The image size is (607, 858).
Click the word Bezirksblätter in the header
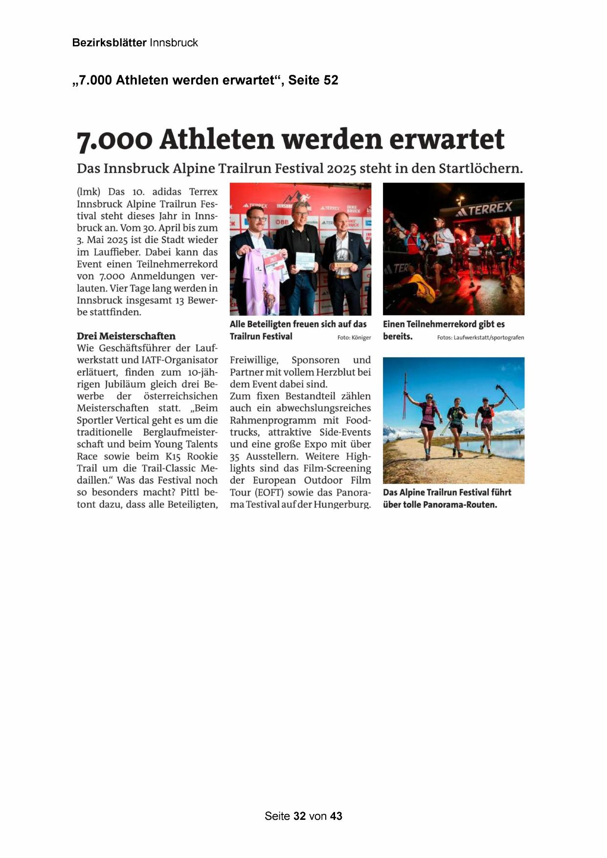coord(109,43)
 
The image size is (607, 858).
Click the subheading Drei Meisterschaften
coord(126,336)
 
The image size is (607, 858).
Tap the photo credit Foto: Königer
coord(354,338)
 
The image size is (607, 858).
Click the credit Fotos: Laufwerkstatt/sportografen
coord(480,338)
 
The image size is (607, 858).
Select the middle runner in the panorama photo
coord(456,426)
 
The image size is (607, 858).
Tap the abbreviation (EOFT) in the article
coord(269,493)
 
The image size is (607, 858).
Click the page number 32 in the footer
coord(299,816)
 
